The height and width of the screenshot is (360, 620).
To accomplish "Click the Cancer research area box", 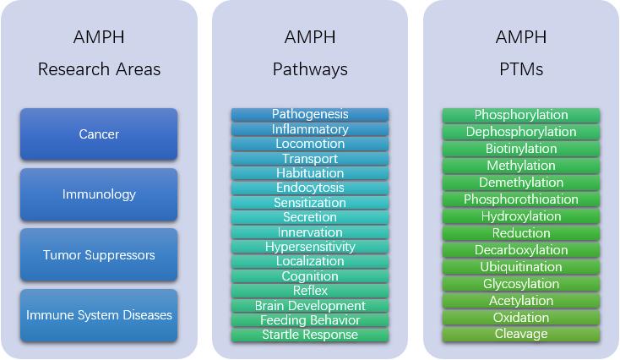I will [99, 134].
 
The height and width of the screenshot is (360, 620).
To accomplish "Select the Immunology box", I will [99, 194].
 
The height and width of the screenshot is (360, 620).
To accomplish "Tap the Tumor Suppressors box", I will [99, 255].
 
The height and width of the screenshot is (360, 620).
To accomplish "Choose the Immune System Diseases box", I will [99, 315].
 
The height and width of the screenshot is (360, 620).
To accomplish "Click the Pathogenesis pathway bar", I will [310, 114].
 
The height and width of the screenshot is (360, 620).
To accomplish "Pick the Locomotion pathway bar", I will [310, 144].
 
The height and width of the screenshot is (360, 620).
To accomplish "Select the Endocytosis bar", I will [310, 188].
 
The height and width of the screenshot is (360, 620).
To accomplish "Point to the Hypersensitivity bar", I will [310, 247].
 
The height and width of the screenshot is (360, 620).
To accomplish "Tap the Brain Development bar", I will [310, 306].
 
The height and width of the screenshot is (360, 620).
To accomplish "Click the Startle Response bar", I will [310, 335].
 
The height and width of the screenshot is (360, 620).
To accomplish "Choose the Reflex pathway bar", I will [310, 291].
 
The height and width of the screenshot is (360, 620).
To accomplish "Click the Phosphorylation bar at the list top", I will [521, 115].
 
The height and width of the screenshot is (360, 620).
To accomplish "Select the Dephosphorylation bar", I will [521, 132].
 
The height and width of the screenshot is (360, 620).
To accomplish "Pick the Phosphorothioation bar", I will [521, 199].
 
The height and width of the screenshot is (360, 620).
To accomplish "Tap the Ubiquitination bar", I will [521, 267].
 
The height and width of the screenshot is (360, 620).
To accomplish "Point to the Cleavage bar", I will [521, 334].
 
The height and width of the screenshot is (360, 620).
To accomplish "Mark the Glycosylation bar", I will [521, 284].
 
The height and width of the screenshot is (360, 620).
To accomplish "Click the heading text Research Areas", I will [99, 69].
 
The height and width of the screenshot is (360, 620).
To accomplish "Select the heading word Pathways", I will [310, 69].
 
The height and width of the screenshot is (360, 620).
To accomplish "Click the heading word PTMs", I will [521, 69].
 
